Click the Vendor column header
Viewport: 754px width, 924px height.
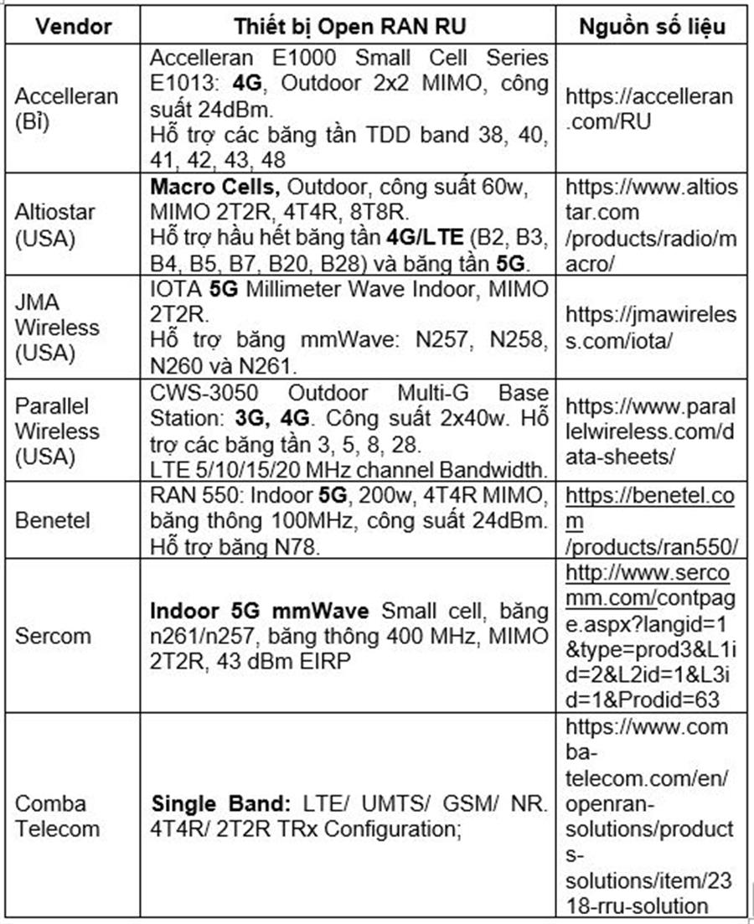coord(75,25)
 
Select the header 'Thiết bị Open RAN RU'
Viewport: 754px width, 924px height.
coord(349,25)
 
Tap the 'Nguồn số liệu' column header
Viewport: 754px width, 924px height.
coord(652,25)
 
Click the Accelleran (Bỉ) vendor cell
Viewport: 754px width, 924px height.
coord(67,107)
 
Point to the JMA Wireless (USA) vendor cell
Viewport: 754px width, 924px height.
coord(57,328)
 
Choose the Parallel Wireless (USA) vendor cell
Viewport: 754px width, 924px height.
coord(57,431)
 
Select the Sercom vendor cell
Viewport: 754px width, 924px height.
coord(52,634)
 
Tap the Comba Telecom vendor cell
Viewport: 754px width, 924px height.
coord(57,816)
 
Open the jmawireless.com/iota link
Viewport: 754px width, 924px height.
coord(651,328)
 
